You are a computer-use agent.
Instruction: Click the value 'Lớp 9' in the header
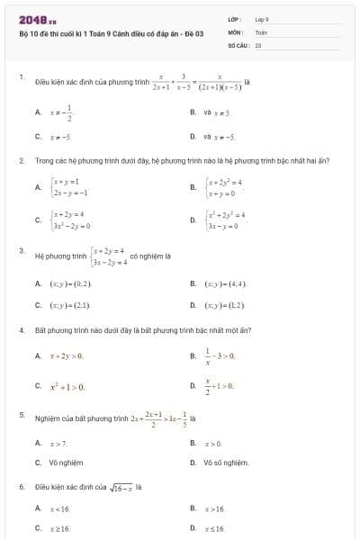(x=262, y=18)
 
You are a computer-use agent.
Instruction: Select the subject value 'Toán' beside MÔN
(x=261, y=31)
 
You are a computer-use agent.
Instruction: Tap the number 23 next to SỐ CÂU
(x=258, y=43)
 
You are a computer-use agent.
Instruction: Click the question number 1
(x=21, y=77)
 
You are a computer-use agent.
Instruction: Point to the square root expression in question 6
(x=121, y=487)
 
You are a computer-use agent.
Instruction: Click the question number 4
(x=21, y=330)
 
